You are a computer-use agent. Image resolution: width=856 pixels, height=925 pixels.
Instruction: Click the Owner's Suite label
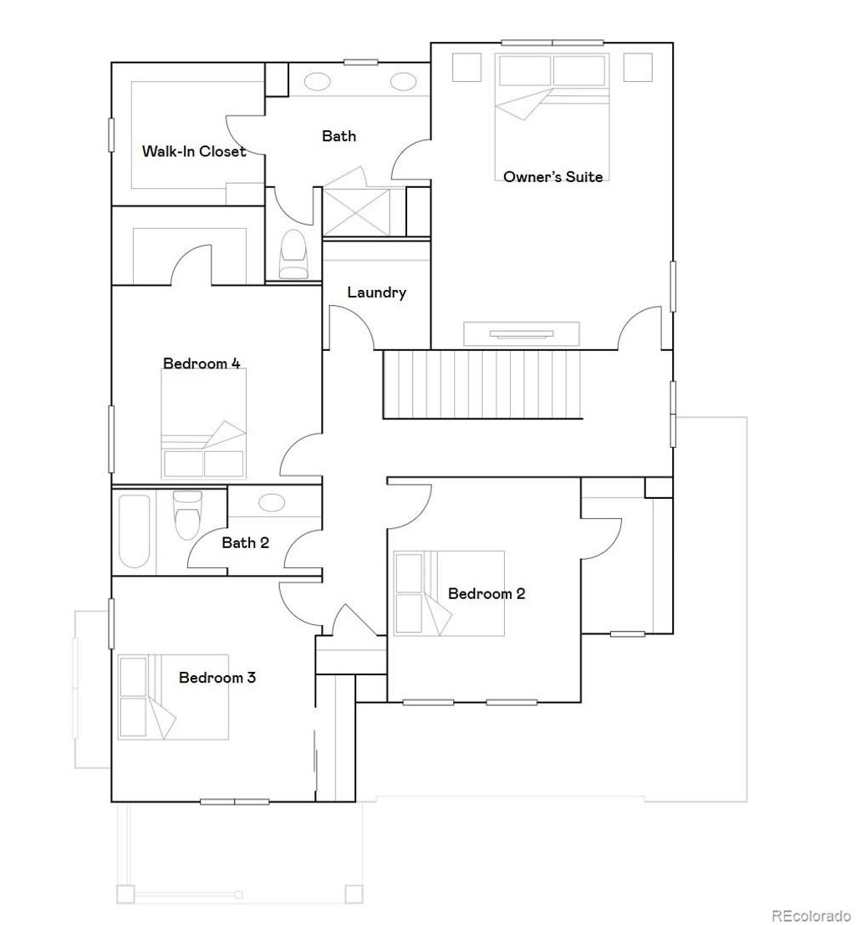[553, 176]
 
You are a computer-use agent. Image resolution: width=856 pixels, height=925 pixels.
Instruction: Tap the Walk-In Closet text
[194, 151]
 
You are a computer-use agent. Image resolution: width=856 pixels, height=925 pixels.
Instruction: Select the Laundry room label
[376, 292]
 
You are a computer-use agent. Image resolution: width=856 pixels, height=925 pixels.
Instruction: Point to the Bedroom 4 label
[201, 363]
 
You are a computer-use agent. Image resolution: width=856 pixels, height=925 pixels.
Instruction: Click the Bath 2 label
[245, 543]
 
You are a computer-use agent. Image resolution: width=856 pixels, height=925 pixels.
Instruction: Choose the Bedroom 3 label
[217, 678]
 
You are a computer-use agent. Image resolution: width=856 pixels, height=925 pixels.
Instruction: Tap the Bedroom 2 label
[487, 594]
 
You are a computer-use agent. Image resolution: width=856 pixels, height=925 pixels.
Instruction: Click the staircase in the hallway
[481, 384]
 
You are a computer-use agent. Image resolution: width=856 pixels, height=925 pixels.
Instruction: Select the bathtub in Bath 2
[134, 531]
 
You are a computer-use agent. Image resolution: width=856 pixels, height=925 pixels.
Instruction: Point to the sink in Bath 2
[271, 502]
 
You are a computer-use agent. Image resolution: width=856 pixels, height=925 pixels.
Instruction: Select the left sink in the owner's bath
[318, 82]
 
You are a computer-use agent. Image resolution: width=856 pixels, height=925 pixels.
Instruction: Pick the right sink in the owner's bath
[402, 82]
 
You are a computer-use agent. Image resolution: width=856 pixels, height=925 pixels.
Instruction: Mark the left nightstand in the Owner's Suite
[466, 68]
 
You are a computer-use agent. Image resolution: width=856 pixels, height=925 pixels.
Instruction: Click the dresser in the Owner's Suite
[521, 333]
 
